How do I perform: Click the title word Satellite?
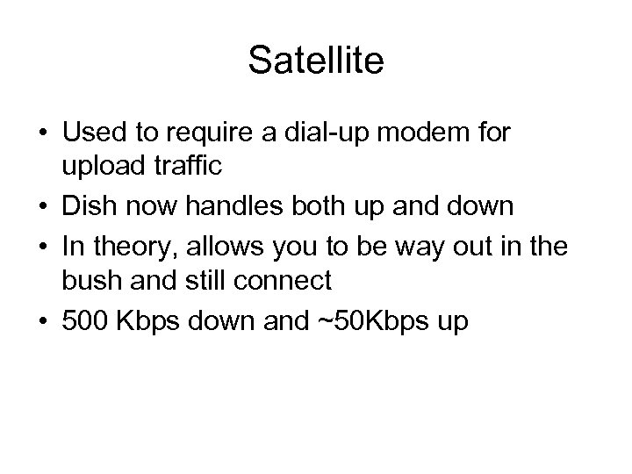coord(315,60)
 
